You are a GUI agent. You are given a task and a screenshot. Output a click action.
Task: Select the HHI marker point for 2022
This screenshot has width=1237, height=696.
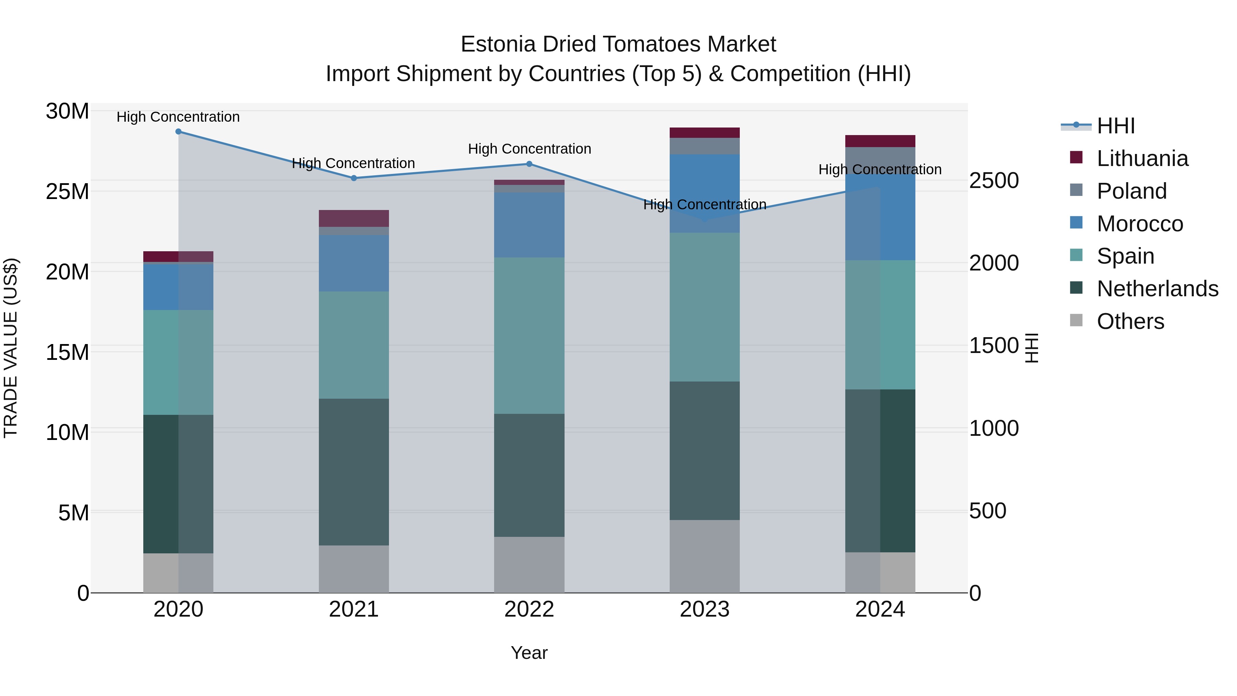pyautogui.click(x=529, y=164)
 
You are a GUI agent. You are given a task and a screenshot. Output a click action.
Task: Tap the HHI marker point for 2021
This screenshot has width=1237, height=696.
pyautogui.click(x=354, y=178)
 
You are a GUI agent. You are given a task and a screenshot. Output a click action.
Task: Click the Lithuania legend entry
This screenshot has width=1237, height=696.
pyautogui.click(x=1142, y=158)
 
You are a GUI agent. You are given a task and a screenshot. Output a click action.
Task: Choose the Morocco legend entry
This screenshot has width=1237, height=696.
pyautogui.click(x=1139, y=224)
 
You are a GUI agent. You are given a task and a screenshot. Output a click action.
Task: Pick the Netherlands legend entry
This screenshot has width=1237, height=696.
pyautogui.click(x=1157, y=289)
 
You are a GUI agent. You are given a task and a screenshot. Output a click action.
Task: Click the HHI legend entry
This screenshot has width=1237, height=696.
pyautogui.click(x=1115, y=126)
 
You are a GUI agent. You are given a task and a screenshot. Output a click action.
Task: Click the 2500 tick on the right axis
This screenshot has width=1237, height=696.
pyautogui.click(x=993, y=180)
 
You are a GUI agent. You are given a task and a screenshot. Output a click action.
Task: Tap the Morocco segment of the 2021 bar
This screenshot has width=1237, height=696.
pyautogui.click(x=354, y=263)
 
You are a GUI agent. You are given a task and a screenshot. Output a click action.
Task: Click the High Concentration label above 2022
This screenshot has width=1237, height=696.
pyautogui.click(x=529, y=149)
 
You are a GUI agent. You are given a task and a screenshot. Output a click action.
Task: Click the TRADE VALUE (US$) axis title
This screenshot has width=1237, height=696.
pyautogui.click(x=11, y=348)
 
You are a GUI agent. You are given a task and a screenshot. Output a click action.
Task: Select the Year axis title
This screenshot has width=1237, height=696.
pyautogui.click(x=529, y=653)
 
